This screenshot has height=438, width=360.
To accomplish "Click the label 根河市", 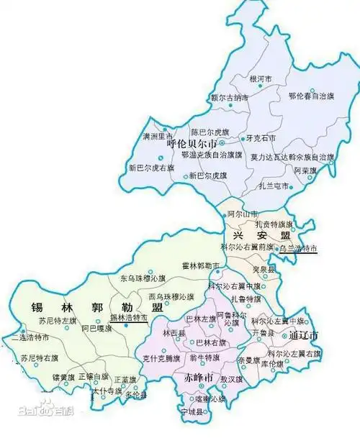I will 261,80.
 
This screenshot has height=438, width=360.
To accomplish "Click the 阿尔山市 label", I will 241,214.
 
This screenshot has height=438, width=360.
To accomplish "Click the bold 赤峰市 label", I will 198,378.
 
